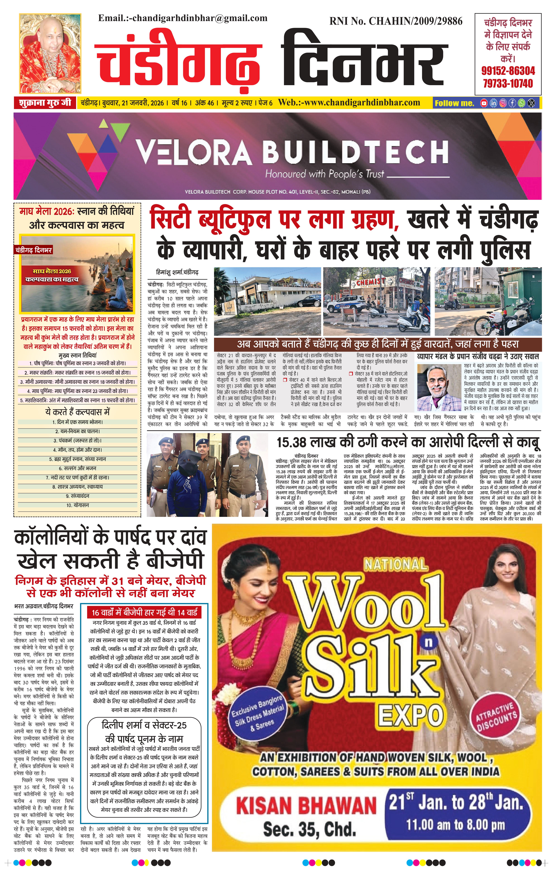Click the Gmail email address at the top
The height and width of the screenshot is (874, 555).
183,18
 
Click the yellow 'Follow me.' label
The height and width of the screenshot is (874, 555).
454,103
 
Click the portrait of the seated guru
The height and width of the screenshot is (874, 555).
50,54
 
